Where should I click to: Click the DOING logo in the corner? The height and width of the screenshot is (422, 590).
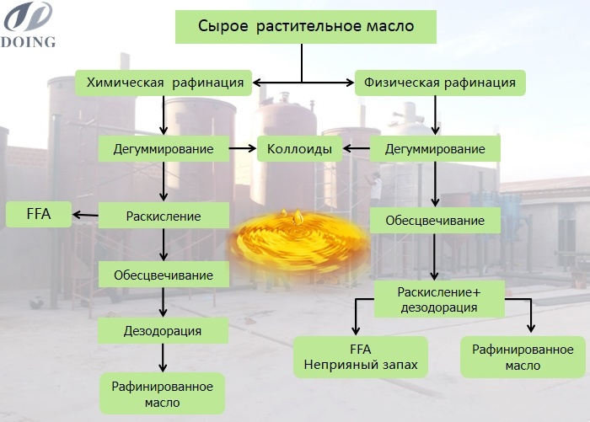[29, 24]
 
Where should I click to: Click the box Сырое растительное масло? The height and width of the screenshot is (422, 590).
[305, 26]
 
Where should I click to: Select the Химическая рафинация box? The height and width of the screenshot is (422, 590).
[164, 83]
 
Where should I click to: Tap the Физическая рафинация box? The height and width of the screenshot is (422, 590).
[439, 83]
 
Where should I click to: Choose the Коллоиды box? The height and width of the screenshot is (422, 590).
[299, 149]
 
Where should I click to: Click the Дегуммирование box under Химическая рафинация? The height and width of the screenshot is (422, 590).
[164, 149]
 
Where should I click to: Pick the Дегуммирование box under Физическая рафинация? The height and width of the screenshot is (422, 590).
[435, 149]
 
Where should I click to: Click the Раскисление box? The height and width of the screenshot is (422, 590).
[164, 216]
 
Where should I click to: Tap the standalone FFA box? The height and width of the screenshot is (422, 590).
[37, 214]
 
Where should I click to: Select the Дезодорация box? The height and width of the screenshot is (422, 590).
[164, 330]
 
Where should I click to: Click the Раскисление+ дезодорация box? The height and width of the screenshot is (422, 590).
[438, 299]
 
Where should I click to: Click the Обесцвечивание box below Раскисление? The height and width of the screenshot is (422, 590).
[164, 274]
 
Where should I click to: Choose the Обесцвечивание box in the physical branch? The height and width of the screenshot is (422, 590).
[435, 221]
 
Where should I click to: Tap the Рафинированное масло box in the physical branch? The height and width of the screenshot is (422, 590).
[523, 357]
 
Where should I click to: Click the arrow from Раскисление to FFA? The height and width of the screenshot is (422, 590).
[84, 215]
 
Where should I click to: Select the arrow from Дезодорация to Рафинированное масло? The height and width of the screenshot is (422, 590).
[164, 360]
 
